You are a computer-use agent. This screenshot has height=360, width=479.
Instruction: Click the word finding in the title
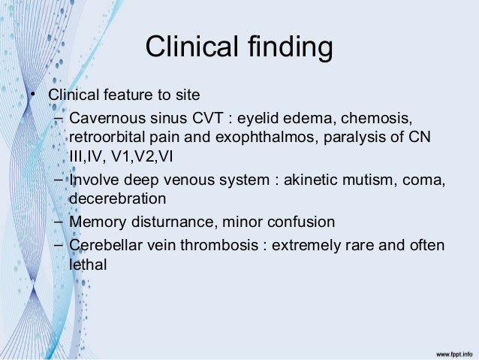point(289,48)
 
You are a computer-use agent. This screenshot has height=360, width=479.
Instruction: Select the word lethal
point(88,265)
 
